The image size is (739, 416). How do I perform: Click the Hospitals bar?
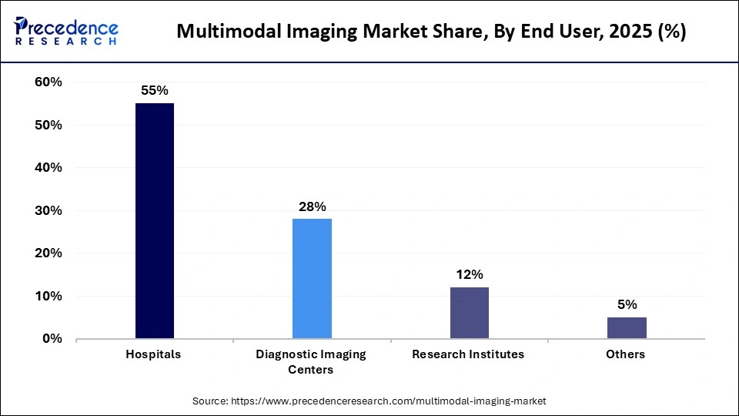[x=155, y=221]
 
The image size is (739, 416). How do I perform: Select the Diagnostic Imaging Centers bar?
[x=312, y=278]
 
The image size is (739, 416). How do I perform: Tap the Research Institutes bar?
[x=469, y=313]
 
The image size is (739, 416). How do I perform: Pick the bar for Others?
[x=627, y=327]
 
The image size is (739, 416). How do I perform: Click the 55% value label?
[x=155, y=90]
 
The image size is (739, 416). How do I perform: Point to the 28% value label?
[x=313, y=206]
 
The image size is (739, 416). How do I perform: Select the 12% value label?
[x=469, y=274]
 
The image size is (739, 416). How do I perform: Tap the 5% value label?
[x=627, y=304]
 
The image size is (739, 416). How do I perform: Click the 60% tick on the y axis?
[x=48, y=82]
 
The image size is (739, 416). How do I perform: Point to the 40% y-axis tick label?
[x=48, y=168]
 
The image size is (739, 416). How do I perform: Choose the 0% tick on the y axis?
[x=52, y=339]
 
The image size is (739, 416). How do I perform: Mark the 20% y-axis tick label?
[x=48, y=253]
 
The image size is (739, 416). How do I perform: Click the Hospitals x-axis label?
[x=154, y=354]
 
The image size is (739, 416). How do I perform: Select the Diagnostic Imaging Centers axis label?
[x=311, y=362]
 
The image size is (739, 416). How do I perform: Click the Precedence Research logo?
[x=66, y=32]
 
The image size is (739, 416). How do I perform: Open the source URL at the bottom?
[x=369, y=401]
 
